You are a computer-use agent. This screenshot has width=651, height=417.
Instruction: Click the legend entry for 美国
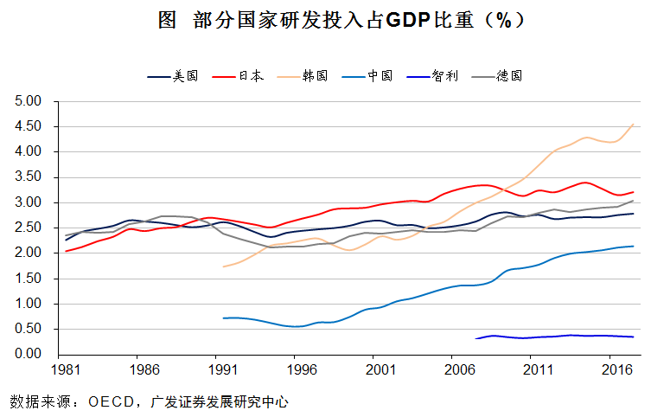(174, 76)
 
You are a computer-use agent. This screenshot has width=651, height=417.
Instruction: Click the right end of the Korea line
(635, 124)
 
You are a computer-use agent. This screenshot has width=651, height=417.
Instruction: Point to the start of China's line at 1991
(223, 318)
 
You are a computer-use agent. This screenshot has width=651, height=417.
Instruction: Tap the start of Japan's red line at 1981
(66, 251)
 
